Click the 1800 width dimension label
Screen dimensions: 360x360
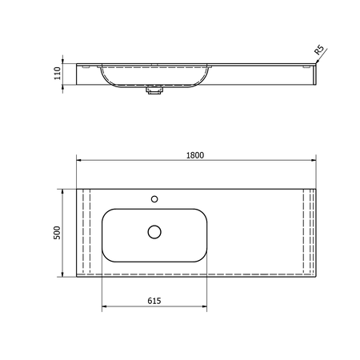click(x=195, y=155)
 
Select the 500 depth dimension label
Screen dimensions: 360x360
click(x=57, y=233)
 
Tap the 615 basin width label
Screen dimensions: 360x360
click(x=154, y=301)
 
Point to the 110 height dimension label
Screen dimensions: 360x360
click(x=58, y=73)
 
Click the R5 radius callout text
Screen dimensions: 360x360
click(x=319, y=50)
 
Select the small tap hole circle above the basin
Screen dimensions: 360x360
click(x=154, y=199)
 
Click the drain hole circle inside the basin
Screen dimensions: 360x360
click(x=154, y=232)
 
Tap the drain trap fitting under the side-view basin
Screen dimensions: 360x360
click(x=154, y=90)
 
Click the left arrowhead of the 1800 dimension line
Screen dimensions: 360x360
click(x=79, y=160)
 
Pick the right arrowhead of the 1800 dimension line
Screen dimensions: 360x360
click(x=314, y=160)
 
